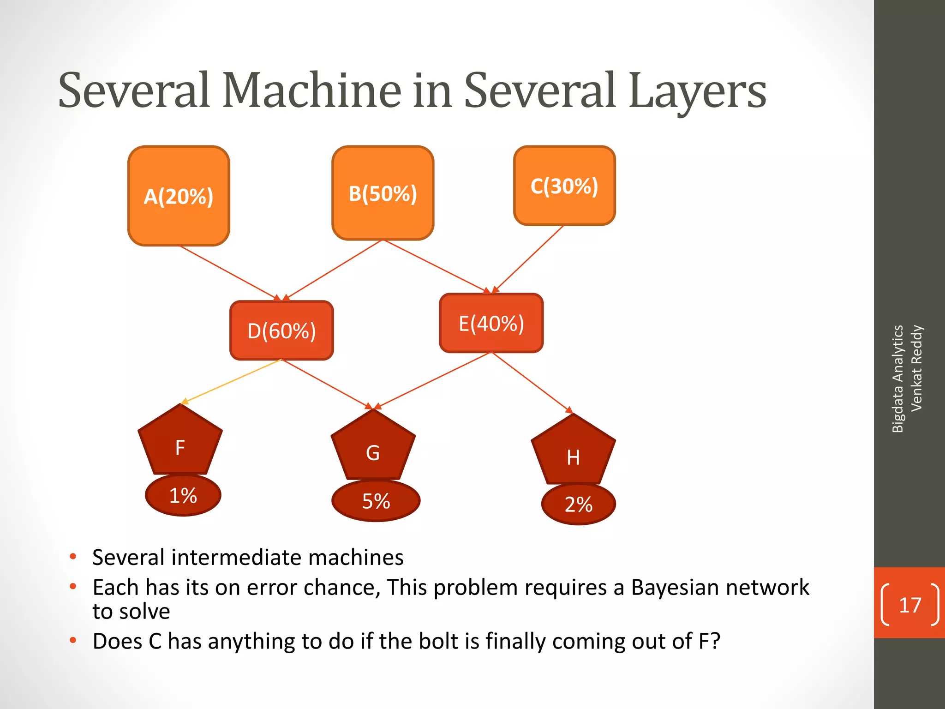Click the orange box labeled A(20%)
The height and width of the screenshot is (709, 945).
(x=179, y=196)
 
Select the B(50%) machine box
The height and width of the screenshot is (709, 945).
(x=383, y=193)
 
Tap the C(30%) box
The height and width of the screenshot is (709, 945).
(x=564, y=186)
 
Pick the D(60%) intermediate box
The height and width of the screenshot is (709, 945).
(x=281, y=330)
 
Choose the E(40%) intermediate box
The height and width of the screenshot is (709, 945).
(x=491, y=323)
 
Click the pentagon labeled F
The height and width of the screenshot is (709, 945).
(x=180, y=443)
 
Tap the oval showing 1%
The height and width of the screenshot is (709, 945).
(x=183, y=495)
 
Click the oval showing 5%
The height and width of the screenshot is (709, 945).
(x=376, y=501)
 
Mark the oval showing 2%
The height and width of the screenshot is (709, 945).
(x=578, y=504)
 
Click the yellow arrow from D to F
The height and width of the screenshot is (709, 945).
(x=231, y=381)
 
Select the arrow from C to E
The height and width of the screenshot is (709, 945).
(x=529, y=258)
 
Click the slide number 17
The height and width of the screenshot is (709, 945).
(x=909, y=605)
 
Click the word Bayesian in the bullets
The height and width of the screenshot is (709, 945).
(x=673, y=588)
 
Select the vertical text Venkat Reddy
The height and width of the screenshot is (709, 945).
(x=916, y=368)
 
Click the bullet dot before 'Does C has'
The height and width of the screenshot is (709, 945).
(x=72, y=640)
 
